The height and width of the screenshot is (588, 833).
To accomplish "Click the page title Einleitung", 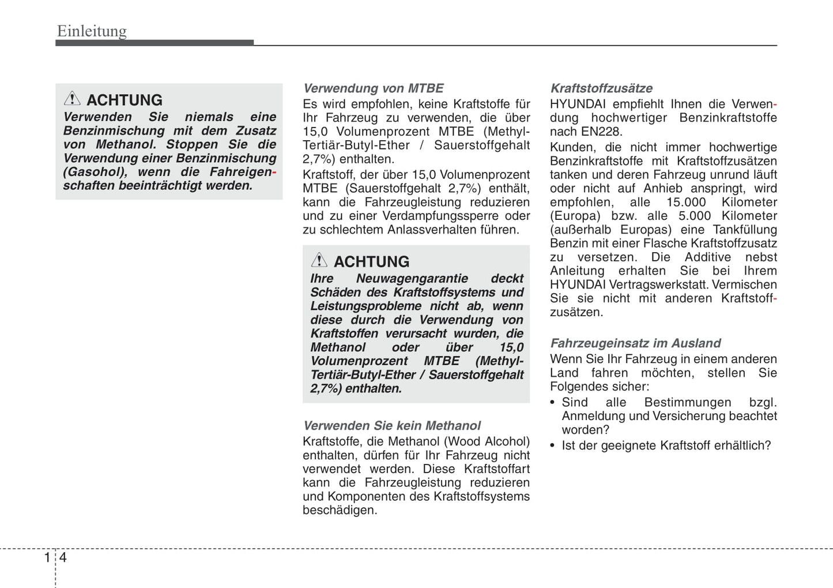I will pyautogui.click(x=92, y=31).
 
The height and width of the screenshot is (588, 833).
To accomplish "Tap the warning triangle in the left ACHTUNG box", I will pyautogui.click(x=72, y=98).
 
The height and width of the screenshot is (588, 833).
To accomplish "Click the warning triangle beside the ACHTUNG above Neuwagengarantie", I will pyautogui.click(x=319, y=260).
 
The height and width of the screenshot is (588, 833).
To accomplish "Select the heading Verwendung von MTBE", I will pyautogui.click(x=373, y=88).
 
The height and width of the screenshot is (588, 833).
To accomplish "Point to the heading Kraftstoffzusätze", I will pyautogui.click(x=601, y=88).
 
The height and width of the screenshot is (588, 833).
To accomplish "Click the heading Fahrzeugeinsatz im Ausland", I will pyautogui.click(x=635, y=343).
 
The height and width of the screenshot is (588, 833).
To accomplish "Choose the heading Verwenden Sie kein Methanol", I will pyautogui.click(x=391, y=426).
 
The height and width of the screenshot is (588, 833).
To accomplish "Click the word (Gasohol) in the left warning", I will pyautogui.click(x=95, y=172).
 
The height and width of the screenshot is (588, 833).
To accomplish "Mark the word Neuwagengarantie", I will pyautogui.click(x=412, y=279).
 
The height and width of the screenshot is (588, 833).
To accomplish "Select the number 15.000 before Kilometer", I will pyautogui.click(x=686, y=203).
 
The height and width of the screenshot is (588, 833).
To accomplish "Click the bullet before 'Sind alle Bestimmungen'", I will pyautogui.click(x=553, y=403).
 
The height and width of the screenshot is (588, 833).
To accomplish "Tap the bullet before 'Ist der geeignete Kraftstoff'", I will pyautogui.click(x=553, y=446).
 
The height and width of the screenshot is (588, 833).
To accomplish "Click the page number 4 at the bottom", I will pyautogui.click(x=63, y=557).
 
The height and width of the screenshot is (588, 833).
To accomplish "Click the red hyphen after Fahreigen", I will pyautogui.click(x=274, y=173).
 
